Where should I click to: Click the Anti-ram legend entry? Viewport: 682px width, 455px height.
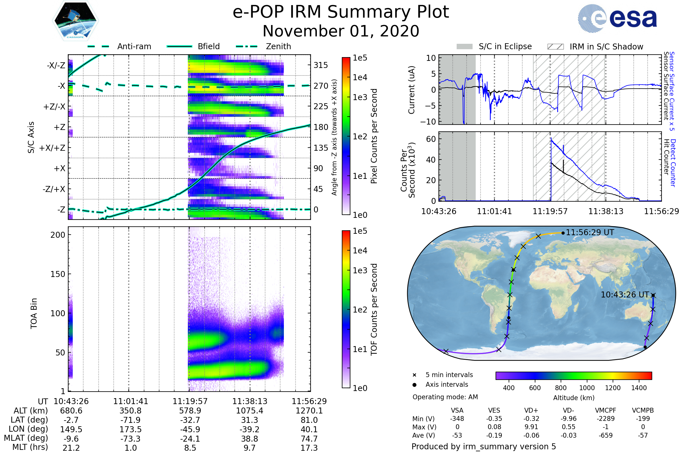[x=134, y=46]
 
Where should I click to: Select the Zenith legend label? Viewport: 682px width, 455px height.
[x=278, y=46]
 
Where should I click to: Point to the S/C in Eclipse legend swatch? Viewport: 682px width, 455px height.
[x=464, y=47]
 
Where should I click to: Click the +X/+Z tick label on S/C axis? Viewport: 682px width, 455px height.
[x=52, y=148]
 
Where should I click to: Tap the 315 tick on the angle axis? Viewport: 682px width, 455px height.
[x=321, y=65]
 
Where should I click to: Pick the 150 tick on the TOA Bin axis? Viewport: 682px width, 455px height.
[x=58, y=274]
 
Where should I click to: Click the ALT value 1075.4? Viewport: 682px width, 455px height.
[x=249, y=411]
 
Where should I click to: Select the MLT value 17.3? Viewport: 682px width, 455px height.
[x=309, y=448]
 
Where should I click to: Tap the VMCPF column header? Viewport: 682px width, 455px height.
[x=606, y=410]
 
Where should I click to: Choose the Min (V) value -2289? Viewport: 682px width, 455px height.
[x=606, y=419]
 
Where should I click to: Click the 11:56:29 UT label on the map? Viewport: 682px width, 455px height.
[x=590, y=232]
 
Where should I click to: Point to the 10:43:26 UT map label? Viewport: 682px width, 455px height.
[x=625, y=295]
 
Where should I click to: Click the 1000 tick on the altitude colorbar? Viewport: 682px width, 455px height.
[x=587, y=388]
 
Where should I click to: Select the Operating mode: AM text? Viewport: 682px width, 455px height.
[x=445, y=397]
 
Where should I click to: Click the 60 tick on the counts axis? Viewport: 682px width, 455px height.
[x=431, y=139]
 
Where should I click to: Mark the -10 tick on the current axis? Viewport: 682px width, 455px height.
[x=428, y=122]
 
